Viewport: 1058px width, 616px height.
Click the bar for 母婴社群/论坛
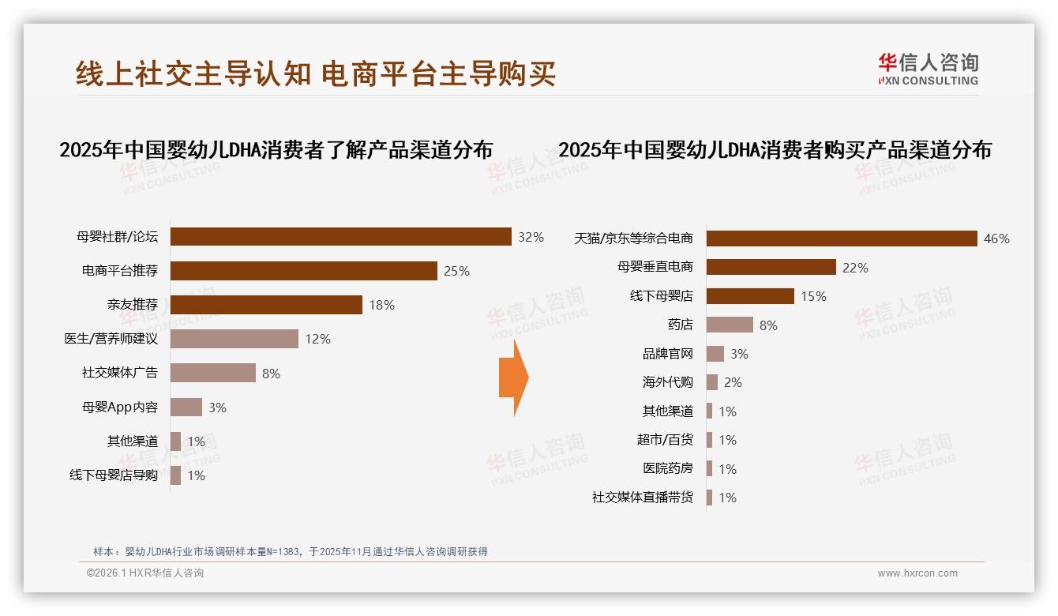pyautogui.click(x=341, y=237)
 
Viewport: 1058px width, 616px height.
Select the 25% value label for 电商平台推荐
pyautogui.click(x=456, y=271)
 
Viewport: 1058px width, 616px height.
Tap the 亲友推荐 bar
pyautogui.click(x=266, y=305)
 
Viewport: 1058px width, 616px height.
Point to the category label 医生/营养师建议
pyautogui.click(x=111, y=339)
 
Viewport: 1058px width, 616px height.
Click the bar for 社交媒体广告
pyautogui.click(x=213, y=373)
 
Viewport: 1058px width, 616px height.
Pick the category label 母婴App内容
pyautogui.click(x=119, y=408)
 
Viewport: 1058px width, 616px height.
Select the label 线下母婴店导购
pyautogui.click(x=114, y=475)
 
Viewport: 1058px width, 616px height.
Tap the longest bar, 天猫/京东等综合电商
pyautogui.click(x=842, y=239)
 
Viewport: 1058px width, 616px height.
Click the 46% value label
pyautogui.click(x=996, y=239)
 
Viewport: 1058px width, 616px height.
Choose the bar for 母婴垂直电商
pyautogui.click(x=771, y=267)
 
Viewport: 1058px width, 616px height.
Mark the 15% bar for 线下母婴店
pyautogui.click(x=750, y=296)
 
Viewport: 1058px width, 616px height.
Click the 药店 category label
pyautogui.click(x=680, y=325)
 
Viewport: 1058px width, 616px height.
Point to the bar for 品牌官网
pyautogui.click(x=715, y=354)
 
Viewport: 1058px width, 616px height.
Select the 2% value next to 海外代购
pyautogui.click(x=733, y=382)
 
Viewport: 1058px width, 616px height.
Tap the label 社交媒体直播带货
pyautogui.click(x=642, y=498)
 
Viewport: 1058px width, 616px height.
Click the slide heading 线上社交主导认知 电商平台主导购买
pyautogui.click(x=316, y=73)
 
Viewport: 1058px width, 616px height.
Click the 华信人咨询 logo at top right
pyautogui.click(x=928, y=69)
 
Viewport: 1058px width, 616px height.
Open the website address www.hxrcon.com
pyautogui.click(x=917, y=573)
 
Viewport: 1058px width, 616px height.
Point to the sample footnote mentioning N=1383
pyautogui.click(x=291, y=551)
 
